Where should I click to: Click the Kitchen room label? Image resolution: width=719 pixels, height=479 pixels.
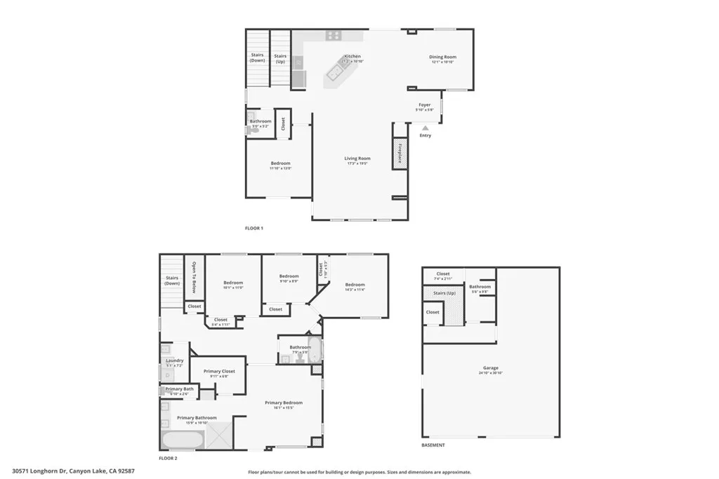click(352, 57)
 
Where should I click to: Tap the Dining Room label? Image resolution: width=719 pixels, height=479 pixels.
click(443, 58)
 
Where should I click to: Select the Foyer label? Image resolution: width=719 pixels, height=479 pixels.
click(425, 105)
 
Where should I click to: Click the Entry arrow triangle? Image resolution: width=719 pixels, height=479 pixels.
click(425, 128)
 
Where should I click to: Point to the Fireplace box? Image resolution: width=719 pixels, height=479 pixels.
click(400, 154)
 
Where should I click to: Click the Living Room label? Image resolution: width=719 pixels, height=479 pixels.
click(357, 159)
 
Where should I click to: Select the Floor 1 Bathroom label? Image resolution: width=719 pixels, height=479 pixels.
click(260, 122)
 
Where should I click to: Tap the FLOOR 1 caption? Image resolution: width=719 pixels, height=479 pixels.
click(253, 229)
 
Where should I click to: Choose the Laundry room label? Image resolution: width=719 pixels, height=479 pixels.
click(175, 361)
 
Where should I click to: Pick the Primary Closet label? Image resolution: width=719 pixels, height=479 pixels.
click(219, 372)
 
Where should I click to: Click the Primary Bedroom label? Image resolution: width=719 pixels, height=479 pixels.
click(284, 403)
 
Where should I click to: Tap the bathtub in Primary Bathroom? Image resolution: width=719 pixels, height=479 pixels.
click(183, 440)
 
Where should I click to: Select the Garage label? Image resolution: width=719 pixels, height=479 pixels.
click(491, 368)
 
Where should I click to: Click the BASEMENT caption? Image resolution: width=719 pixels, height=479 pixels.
click(433, 445)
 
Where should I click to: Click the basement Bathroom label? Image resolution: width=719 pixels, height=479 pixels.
click(480, 287)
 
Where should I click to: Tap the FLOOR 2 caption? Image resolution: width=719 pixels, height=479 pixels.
click(168, 457)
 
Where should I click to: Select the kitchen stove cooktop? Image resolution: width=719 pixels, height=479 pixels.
click(333, 35)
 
